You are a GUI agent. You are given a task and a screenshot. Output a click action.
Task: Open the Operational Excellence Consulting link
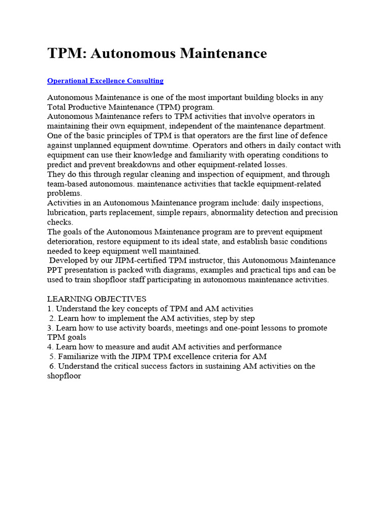tap(105, 81)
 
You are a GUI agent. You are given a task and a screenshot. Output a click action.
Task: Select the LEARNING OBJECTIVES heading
tap(96, 299)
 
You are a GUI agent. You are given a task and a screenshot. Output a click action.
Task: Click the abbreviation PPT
tap(56, 270)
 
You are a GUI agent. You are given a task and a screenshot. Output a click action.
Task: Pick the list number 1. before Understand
tap(50, 309)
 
